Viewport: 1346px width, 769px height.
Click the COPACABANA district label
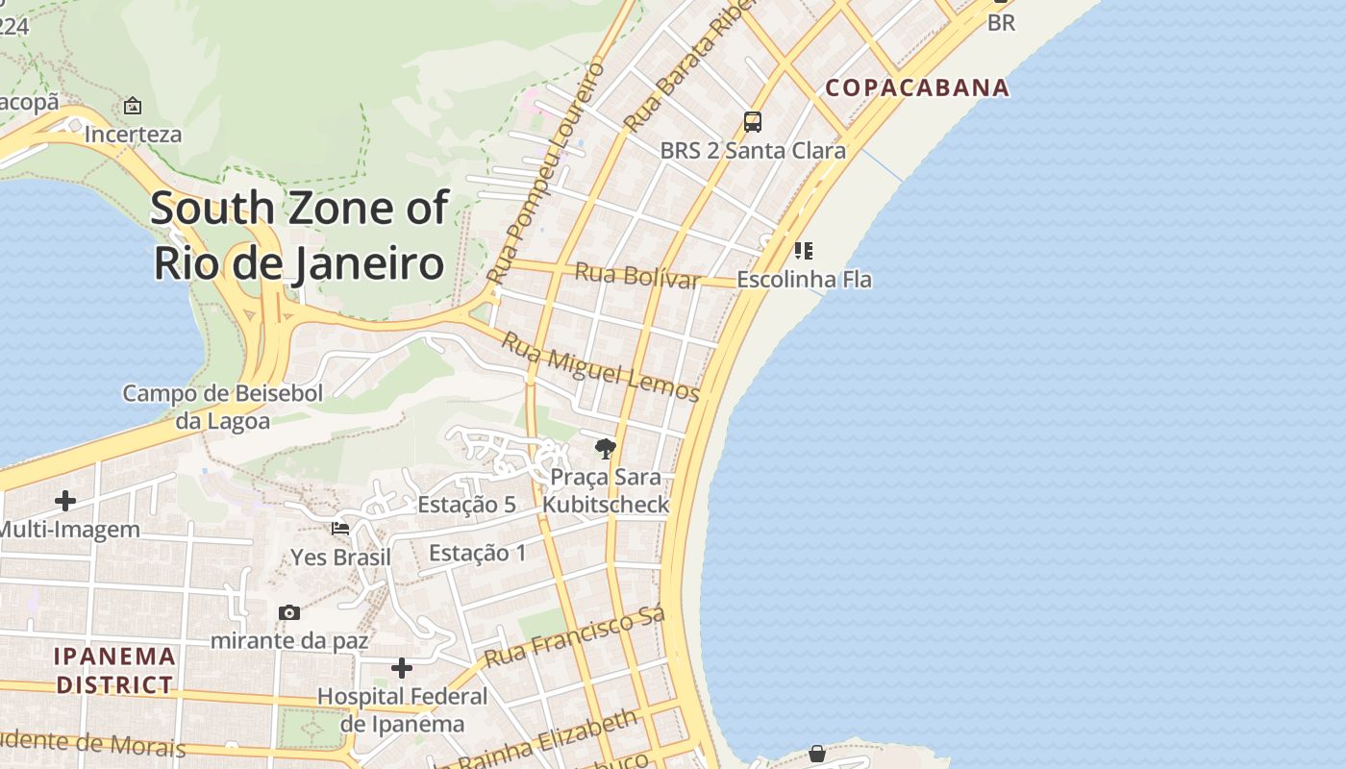917,87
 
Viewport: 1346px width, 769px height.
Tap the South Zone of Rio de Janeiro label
299,236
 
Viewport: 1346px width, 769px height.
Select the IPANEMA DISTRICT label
114,671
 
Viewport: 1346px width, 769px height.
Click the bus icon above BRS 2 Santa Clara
753,122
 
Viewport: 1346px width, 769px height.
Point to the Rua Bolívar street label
636,276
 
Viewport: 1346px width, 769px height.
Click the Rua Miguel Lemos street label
600,366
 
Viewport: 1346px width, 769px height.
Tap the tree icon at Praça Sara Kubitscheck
606,448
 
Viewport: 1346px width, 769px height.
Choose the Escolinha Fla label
804,280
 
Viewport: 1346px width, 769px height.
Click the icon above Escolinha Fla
804,251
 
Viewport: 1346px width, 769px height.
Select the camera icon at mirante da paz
288,612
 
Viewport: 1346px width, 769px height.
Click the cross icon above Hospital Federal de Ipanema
402,667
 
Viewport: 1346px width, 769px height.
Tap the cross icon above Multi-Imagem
65,501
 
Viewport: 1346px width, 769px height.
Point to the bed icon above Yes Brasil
340,528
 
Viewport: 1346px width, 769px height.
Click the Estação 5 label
466,505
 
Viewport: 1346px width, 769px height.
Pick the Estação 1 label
478,553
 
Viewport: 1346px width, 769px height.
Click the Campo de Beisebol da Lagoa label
223,407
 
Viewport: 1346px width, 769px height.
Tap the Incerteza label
133,135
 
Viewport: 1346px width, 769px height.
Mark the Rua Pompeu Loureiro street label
546,171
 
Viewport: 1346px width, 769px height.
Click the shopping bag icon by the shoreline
816,754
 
